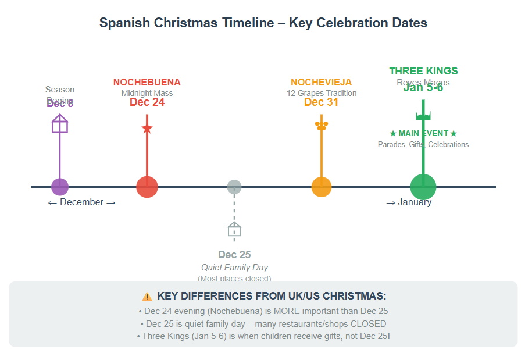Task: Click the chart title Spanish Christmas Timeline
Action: [263, 23]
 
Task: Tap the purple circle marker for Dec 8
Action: [60, 187]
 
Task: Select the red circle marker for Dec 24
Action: [147, 187]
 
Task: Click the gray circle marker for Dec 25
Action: [234, 187]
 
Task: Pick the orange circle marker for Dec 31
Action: [322, 187]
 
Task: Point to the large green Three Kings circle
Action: [423, 187]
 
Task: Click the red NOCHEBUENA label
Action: [147, 83]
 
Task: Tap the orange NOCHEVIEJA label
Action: [322, 83]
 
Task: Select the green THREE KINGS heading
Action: [423, 71]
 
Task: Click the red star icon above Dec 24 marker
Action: [147, 128]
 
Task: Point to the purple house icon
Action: [60, 124]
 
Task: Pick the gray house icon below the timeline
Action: [234, 229]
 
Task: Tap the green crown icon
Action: [423, 115]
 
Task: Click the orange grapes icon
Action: [322, 125]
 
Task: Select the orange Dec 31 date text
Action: [322, 102]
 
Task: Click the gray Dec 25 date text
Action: [234, 255]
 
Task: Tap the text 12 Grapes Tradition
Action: [322, 93]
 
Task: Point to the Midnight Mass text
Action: [147, 93]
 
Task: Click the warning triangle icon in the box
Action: [147, 296]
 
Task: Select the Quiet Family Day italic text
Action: [234, 268]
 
